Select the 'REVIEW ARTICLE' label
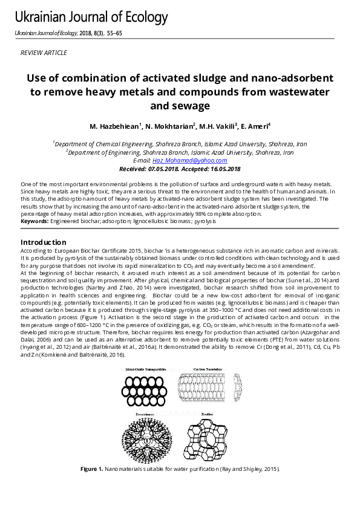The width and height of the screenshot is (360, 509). [x=44, y=53]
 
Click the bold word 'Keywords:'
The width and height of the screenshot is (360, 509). [x=34, y=222]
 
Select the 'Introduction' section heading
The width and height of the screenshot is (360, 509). [x=44, y=242]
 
